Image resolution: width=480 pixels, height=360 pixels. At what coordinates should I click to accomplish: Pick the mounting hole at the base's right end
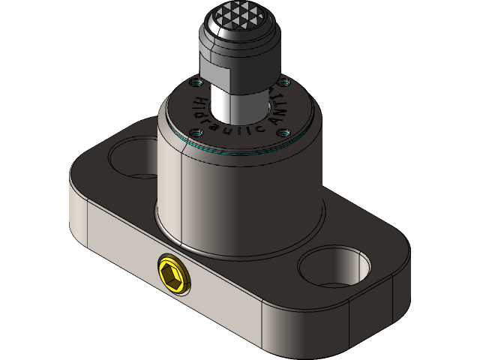click(x=334, y=266)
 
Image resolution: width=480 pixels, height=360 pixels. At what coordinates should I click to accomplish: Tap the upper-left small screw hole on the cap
click(x=198, y=82)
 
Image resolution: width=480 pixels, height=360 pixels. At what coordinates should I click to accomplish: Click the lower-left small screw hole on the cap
click(x=196, y=133)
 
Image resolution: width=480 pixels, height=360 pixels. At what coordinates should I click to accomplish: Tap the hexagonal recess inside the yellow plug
click(x=172, y=275)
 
